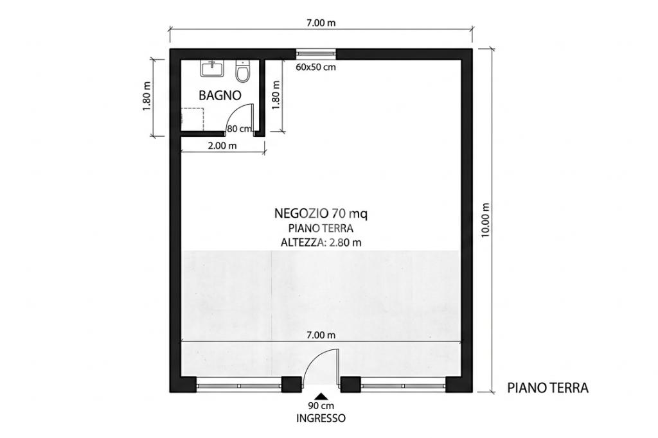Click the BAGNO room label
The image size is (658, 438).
coord(220,96)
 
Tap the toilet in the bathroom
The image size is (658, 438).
coord(242,71)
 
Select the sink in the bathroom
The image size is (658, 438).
coord(212,68)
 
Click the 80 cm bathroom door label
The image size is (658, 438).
coord(239,129)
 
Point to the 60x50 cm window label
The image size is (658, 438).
coord(316,67)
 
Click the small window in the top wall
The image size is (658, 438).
coord(316,53)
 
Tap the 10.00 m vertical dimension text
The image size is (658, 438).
coord(486,220)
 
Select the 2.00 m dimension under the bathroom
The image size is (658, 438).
coord(222,146)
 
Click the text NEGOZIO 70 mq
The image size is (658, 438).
coord(321,214)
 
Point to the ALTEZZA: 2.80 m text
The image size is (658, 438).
coord(321,243)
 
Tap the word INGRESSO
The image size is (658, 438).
coord(321,418)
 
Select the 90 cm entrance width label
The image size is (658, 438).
coord(321,406)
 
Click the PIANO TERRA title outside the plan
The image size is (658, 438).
coord(547,388)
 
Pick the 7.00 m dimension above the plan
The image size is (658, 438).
coord(321,23)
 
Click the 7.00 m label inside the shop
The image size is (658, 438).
coord(321,335)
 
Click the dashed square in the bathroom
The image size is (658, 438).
coord(192,119)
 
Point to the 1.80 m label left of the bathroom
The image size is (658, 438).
coord(147,96)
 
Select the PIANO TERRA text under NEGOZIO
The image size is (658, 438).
coord(321,229)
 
